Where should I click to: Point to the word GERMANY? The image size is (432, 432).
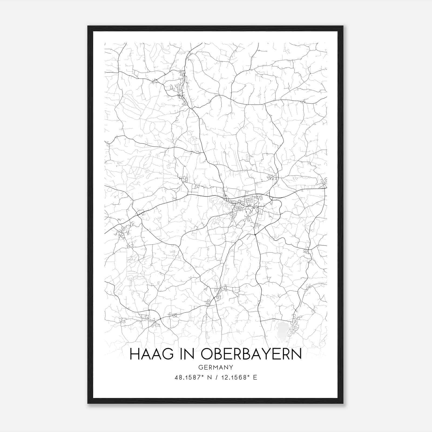pos(216,367)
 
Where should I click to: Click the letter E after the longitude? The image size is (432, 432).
pos(255,377)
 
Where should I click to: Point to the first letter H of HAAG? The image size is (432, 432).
pos(134,354)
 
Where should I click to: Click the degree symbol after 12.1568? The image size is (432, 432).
pos(247,376)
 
